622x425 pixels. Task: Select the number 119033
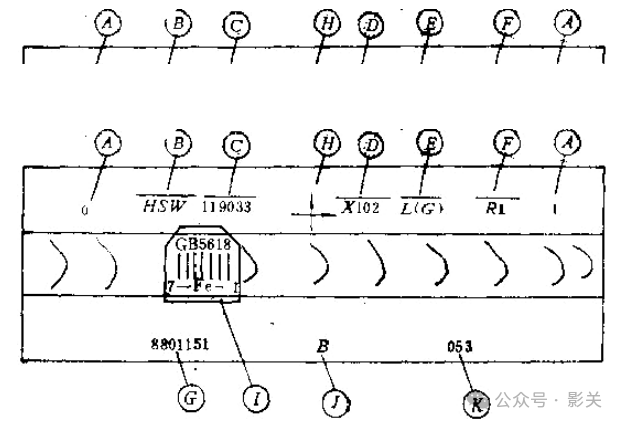[229, 208]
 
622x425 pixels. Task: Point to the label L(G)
[423, 208]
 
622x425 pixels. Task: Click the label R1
[495, 208]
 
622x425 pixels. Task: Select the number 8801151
[180, 346]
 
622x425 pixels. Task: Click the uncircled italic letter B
[323, 346]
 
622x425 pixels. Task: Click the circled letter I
[257, 399]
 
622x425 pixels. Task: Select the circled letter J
[335, 401]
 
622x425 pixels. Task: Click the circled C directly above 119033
[237, 145]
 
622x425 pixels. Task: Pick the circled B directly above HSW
[179, 144]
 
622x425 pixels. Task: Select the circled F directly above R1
[508, 145]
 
